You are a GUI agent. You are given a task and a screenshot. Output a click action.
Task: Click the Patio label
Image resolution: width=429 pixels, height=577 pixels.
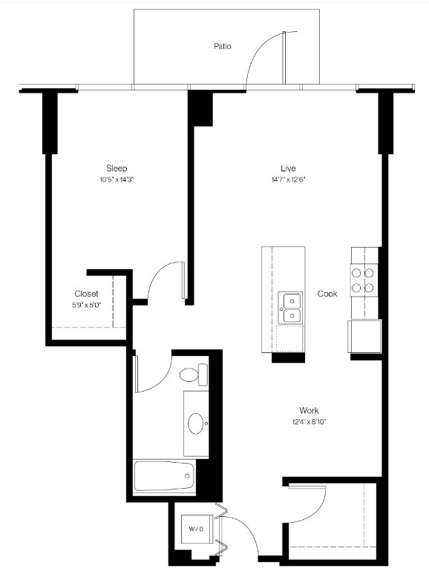tap(223, 46)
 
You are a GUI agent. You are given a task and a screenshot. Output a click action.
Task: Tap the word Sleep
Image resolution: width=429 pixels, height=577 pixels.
tap(117, 168)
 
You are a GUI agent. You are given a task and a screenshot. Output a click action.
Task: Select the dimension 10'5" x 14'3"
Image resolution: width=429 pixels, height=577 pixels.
tap(117, 180)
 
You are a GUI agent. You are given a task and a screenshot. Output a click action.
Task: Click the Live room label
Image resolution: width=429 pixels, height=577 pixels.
tap(289, 168)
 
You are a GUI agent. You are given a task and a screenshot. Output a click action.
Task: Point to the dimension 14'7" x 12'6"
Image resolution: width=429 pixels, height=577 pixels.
tap(289, 179)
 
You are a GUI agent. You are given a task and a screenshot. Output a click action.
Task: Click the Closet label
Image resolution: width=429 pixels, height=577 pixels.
tap(86, 294)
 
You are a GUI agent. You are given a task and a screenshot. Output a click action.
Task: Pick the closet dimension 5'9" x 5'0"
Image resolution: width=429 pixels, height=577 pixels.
tap(86, 305)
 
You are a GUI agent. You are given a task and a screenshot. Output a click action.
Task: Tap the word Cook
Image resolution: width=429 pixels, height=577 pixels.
tap(327, 294)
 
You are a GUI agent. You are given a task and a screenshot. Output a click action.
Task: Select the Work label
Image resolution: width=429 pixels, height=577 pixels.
tap(309, 410)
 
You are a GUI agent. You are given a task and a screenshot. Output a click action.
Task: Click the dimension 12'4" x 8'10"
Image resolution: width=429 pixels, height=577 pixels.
tap(309, 422)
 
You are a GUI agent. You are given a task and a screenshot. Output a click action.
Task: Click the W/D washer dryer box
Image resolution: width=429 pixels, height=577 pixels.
tap(196, 529)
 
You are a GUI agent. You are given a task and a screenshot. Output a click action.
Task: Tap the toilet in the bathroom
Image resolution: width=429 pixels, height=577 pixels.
tap(193, 375)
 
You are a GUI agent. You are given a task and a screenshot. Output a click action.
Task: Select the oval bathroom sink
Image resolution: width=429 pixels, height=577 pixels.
tap(197, 423)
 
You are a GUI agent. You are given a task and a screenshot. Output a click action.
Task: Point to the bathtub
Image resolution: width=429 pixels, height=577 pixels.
tap(165, 475)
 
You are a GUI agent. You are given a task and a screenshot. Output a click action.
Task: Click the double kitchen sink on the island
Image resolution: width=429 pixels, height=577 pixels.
tap(291, 308)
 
